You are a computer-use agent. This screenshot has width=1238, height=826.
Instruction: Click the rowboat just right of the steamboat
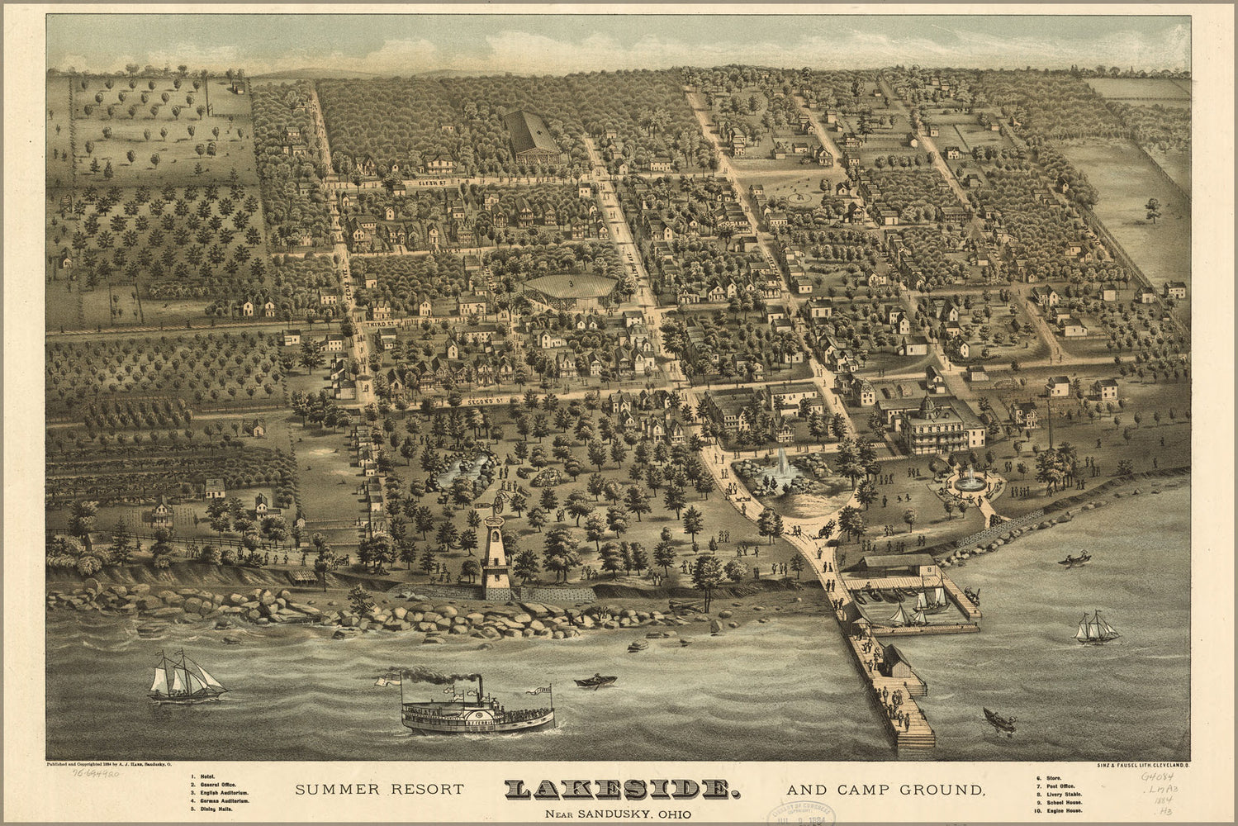coord(588,681)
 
